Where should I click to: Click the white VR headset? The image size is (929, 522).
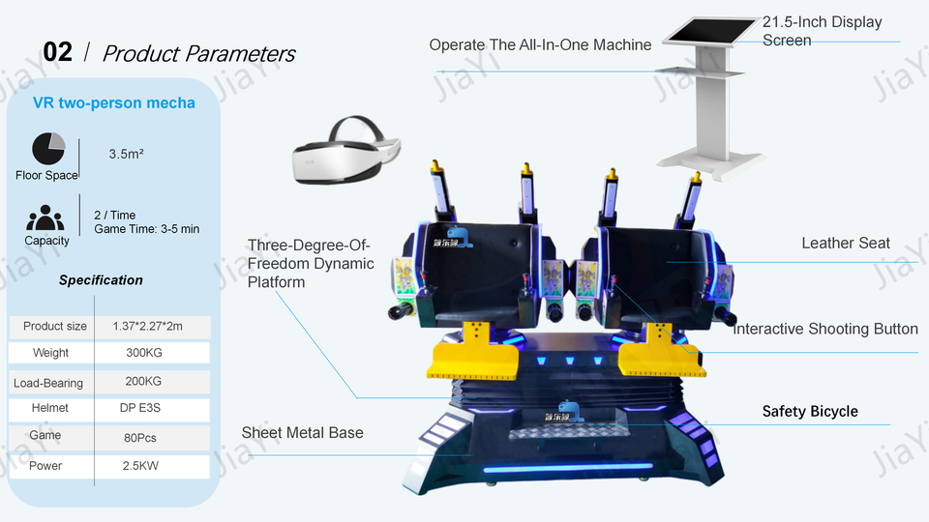(346, 151)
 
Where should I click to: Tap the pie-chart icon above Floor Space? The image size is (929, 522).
(48, 149)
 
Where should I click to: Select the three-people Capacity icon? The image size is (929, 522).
(45, 217)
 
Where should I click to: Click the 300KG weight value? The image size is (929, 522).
(144, 353)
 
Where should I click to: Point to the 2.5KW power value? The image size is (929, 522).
(140, 466)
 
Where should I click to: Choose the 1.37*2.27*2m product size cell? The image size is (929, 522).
(147, 326)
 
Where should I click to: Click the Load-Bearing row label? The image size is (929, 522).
(48, 383)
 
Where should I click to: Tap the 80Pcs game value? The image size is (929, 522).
(139, 438)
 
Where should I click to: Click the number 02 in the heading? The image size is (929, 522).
(57, 52)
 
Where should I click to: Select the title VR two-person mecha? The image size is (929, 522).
(114, 103)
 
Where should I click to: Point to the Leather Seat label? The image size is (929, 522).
(846, 244)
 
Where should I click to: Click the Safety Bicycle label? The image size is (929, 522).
(810, 412)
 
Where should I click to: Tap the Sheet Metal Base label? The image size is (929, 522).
(302, 433)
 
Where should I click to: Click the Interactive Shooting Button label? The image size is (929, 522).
(825, 329)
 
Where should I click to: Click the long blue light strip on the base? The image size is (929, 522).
(568, 469)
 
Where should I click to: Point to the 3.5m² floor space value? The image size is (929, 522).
(126, 154)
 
